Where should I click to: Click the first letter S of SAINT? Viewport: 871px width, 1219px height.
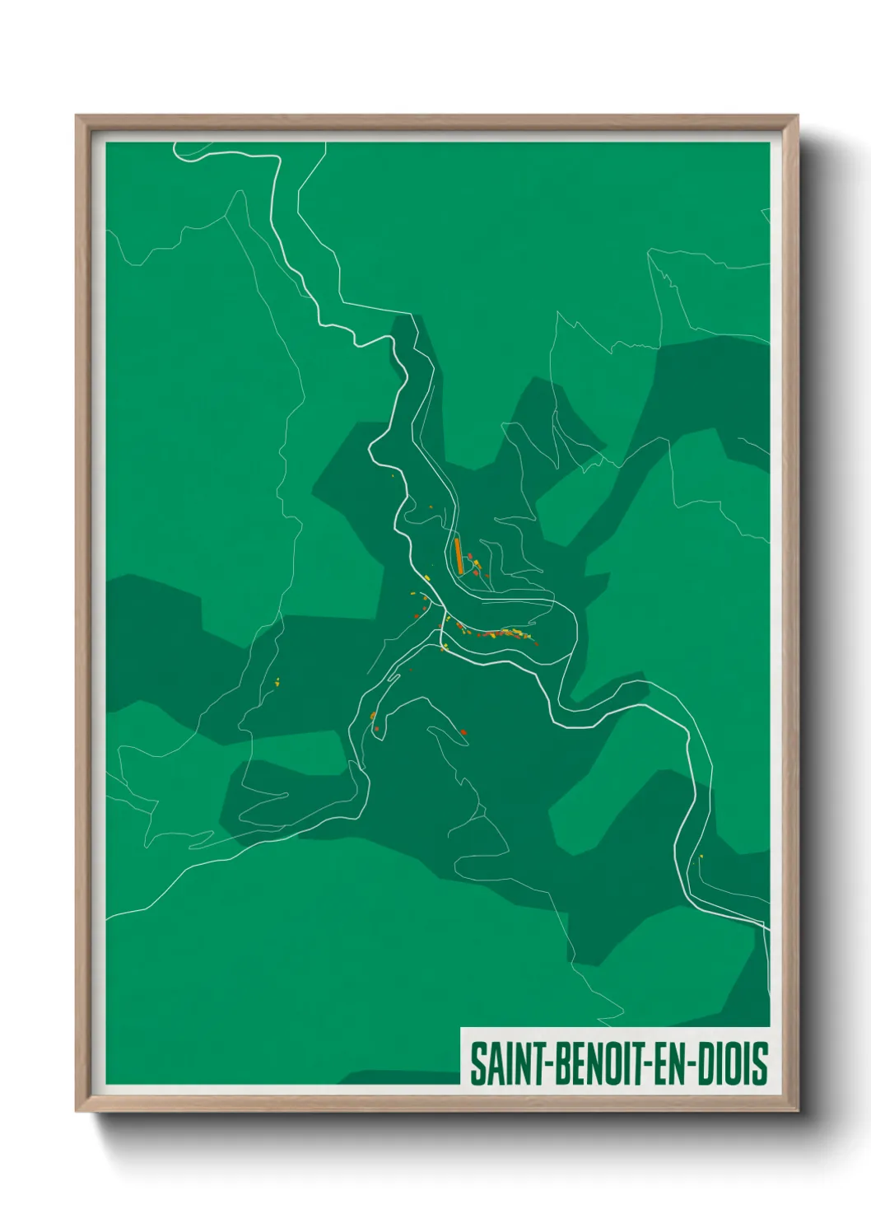[477, 1063]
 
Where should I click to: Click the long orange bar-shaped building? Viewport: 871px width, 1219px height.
[459, 555]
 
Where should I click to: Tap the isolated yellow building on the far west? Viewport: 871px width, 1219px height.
[277, 681]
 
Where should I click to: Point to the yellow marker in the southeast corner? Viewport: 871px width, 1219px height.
[701, 857]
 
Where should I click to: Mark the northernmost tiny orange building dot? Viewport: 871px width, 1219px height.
[393, 475]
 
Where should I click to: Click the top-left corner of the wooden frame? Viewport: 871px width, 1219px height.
[77, 116]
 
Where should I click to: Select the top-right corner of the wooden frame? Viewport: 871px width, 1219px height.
[798, 116]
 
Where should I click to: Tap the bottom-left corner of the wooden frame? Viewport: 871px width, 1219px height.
[77, 1110]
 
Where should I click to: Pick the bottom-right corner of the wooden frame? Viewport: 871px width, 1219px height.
[798, 1110]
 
